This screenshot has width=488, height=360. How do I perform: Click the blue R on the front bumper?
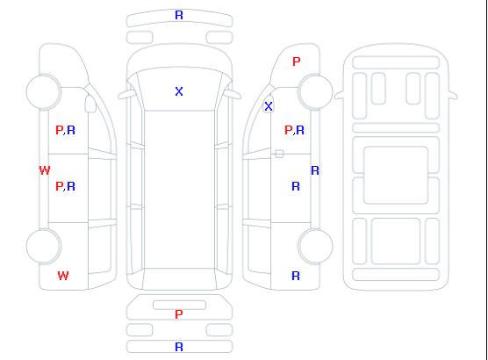click(179, 15)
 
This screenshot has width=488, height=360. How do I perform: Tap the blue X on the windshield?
click(179, 91)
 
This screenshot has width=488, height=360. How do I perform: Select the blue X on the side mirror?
click(269, 106)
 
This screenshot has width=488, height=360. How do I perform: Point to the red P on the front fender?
click(297, 61)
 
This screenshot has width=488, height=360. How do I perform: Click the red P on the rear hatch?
click(179, 314)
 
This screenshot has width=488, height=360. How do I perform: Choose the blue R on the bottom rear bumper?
click(179, 347)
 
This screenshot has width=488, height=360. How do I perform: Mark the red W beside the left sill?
click(45, 170)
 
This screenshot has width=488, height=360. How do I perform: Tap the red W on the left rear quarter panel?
click(63, 276)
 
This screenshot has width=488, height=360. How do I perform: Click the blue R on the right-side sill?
click(315, 170)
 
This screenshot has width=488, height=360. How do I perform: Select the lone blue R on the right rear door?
click(296, 186)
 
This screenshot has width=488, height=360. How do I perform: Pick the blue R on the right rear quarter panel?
click(296, 276)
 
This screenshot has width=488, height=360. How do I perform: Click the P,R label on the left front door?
click(65, 130)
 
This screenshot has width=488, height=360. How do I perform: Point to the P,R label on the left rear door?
click(65, 186)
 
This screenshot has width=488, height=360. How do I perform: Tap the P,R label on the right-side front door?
click(294, 130)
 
